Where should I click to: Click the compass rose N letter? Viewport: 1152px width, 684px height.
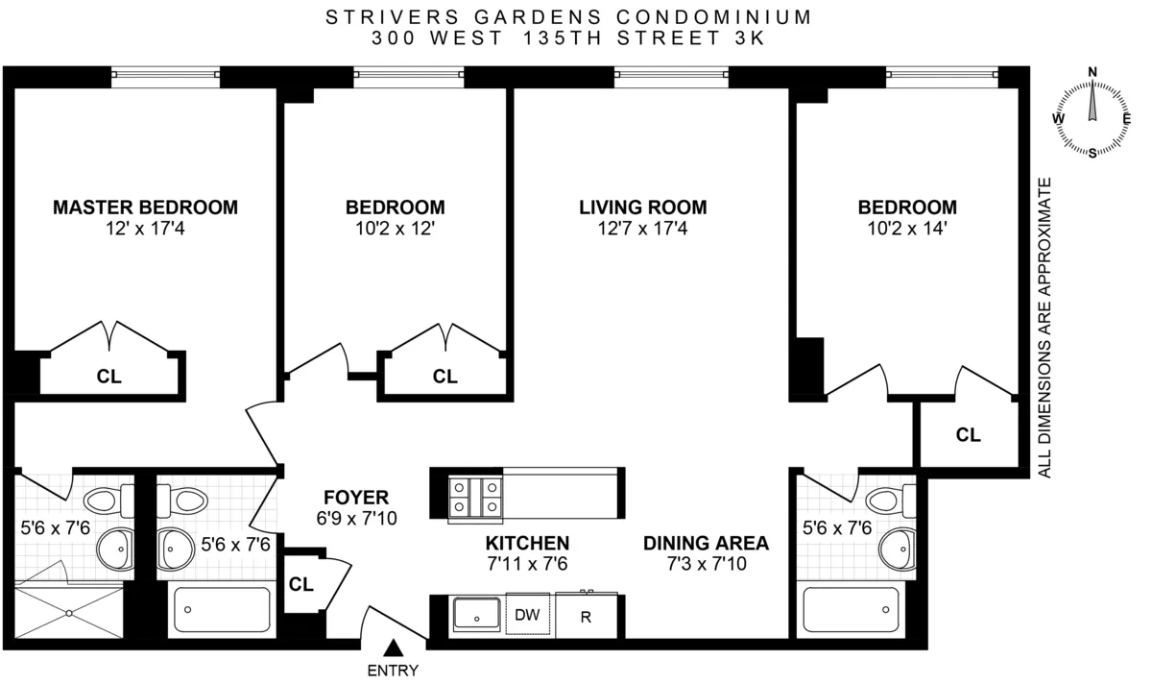click(x=1092, y=72)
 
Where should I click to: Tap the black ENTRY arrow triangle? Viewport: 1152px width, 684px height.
click(x=393, y=649)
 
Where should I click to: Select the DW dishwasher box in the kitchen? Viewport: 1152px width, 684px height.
click(x=527, y=615)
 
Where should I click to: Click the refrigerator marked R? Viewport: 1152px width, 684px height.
click(x=586, y=616)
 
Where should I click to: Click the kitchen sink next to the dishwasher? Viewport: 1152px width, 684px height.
click(x=477, y=615)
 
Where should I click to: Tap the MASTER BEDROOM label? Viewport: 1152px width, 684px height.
click(x=145, y=208)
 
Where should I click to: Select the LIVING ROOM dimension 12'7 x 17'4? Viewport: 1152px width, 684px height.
click(x=642, y=230)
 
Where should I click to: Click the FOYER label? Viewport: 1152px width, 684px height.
click(x=355, y=498)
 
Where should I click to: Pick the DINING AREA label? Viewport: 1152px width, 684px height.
click(x=706, y=543)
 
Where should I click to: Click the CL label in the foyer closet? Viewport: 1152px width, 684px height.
click(x=301, y=584)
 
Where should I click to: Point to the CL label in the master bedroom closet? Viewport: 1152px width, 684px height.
click(x=109, y=377)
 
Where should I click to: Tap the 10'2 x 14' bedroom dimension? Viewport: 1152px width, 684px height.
click(x=906, y=230)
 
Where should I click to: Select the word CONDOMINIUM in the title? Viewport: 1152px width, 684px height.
click(x=714, y=17)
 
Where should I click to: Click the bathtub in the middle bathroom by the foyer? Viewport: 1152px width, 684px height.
click(x=220, y=610)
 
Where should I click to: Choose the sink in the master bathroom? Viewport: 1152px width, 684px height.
click(x=112, y=549)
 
